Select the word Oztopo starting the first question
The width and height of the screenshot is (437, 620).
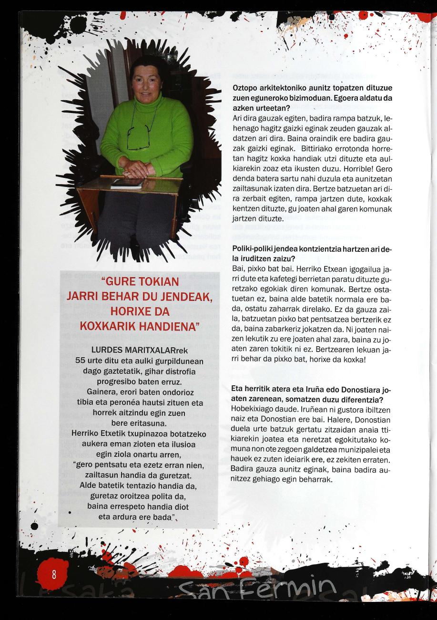tap(245, 88)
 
